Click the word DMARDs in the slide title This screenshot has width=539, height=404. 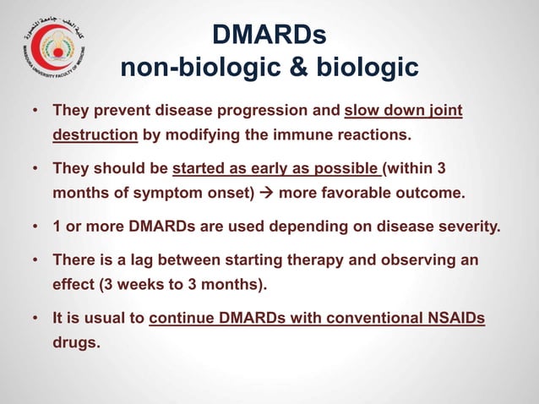269,36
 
